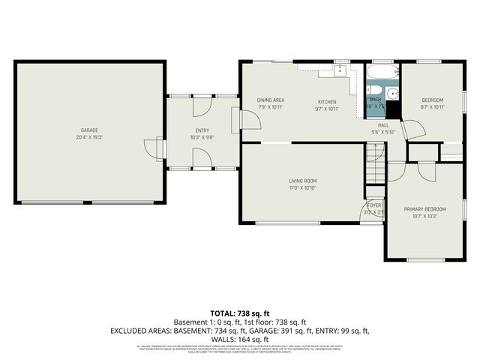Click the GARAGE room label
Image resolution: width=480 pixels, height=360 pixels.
coord(89,130)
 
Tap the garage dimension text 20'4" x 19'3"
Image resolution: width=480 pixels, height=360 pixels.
coord(89,138)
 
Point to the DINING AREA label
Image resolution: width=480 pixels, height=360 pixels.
coord(271,100)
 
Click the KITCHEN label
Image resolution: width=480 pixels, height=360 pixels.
coord(326,102)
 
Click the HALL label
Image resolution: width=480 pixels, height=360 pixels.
coord(383,125)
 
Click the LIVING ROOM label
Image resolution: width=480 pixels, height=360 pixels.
coord(304,181)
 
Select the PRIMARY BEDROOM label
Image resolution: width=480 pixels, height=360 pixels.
coord(424,209)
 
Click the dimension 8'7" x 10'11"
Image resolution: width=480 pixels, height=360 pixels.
coord(433,108)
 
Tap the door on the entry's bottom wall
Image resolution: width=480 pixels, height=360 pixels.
coord(201,157)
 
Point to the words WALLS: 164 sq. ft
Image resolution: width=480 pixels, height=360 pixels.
coord(240,338)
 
